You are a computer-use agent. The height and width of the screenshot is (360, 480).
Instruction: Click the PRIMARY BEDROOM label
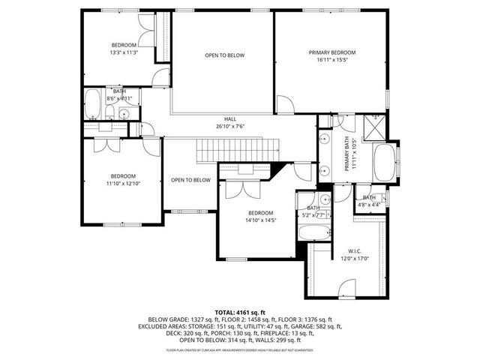332,52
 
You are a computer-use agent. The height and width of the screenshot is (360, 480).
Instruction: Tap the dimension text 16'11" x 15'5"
332,61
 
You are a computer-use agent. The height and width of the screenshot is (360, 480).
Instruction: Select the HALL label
230,119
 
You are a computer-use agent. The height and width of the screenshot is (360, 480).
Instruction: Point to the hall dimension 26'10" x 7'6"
230,127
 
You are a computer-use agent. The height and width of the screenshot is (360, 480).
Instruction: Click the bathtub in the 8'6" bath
93,106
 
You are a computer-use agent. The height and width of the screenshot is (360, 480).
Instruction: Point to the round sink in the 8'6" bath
124,114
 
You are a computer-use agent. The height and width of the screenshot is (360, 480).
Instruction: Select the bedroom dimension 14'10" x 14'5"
259,220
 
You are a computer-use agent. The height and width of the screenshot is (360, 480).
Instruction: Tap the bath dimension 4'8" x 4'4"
368,204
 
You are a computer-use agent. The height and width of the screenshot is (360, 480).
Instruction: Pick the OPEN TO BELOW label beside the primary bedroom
225,55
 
